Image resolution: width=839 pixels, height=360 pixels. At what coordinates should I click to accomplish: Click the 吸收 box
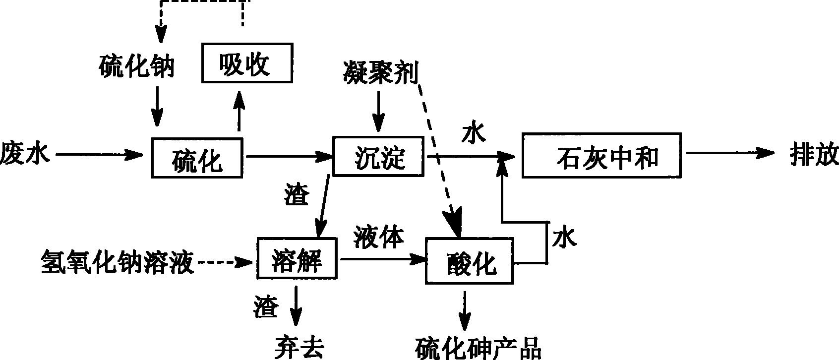click(246, 63)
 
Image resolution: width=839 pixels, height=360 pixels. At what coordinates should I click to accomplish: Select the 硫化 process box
click(197, 158)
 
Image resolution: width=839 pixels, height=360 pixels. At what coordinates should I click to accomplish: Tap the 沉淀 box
click(378, 156)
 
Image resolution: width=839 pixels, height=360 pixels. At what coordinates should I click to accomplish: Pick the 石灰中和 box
click(601, 155)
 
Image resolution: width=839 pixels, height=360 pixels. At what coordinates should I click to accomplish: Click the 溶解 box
click(297, 258)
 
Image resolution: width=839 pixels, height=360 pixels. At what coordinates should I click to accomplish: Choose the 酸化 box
click(469, 261)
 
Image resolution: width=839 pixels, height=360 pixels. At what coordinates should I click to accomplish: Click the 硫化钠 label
click(136, 66)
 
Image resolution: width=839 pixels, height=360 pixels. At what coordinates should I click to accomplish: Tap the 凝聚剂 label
click(380, 72)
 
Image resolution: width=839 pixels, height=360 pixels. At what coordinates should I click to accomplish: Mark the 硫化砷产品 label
click(478, 348)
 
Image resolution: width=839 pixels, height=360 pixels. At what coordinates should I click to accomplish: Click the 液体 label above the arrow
click(379, 237)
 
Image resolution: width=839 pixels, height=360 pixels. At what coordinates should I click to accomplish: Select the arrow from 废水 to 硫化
click(99, 155)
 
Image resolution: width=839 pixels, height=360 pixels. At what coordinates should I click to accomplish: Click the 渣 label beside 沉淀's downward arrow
click(296, 194)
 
